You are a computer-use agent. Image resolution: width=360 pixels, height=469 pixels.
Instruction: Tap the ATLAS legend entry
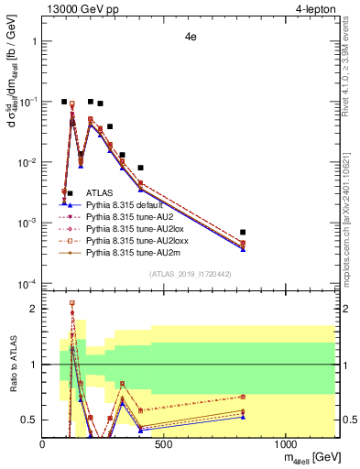coord(99,193)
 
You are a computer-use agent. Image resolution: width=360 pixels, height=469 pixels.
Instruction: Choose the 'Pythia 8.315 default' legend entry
coord(125,205)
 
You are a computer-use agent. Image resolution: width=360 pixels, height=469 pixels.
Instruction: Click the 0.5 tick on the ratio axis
coord(31,420)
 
